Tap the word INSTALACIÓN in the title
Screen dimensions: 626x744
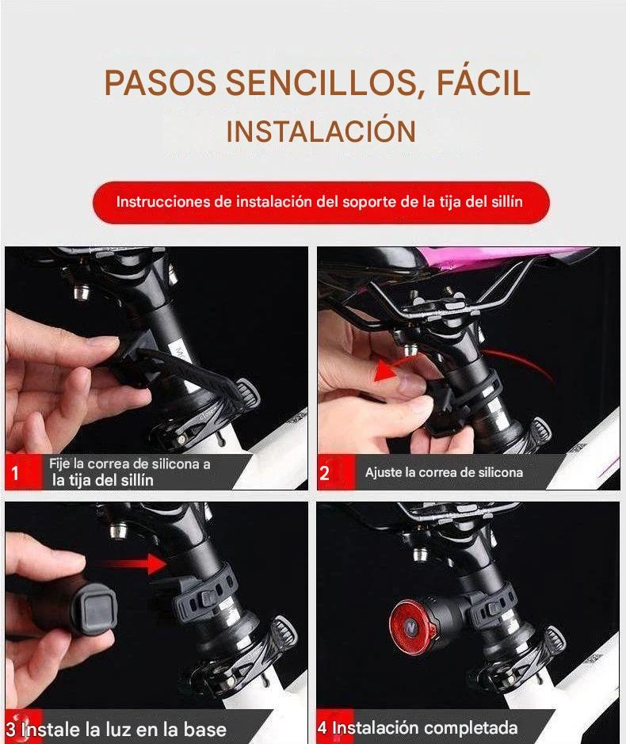pos(321,131)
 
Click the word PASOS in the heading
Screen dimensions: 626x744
pos(160,83)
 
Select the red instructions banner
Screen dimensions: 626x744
pos(321,202)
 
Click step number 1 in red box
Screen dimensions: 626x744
pos(15,472)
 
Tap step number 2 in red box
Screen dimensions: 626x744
pos(325,472)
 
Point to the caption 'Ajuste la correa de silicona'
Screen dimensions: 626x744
pos(444,472)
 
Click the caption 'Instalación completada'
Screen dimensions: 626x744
pos(424,727)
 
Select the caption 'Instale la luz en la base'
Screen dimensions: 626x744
pos(124,729)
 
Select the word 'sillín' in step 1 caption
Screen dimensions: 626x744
pos(135,480)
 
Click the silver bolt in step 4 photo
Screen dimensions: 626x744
pos(418,553)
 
